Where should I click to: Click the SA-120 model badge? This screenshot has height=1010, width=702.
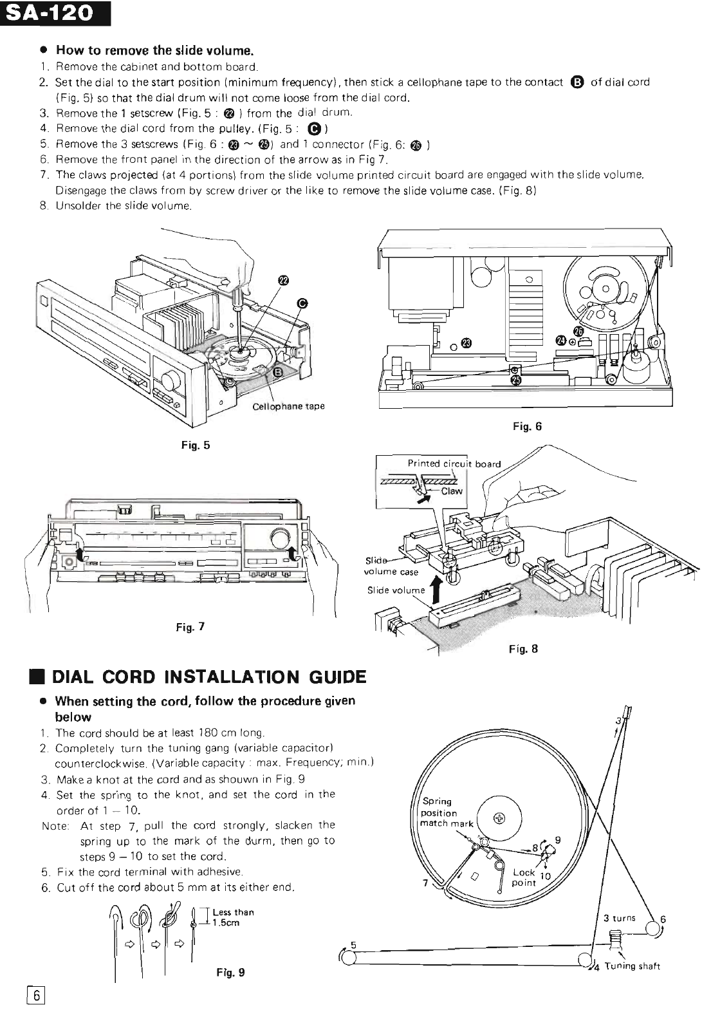pyautogui.click(x=55, y=13)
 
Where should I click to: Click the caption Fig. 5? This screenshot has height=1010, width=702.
pyautogui.click(x=198, y=445)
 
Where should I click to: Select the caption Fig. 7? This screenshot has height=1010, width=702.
pyautogui.click(x=190, y=626)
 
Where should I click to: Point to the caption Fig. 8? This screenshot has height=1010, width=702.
pyautogui.click(x=522, y=649)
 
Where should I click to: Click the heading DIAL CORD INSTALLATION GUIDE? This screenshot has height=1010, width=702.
pyautogui.click(x=208, y=677)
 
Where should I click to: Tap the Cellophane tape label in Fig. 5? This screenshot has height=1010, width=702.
pyautogui.click(x=288, y=406)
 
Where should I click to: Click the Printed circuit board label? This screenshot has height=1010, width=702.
pyautogui.click(x=454, y=463)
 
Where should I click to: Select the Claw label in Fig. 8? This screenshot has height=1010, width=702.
pyautogui.click(x=452, y=491)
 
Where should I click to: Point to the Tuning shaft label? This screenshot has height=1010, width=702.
pyautogui.click(x=632, y=966)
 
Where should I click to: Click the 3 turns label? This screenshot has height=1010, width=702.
pyautogui.click(x=619, y=918)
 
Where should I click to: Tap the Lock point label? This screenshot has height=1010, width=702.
pyautogui.click(x=524, y=877)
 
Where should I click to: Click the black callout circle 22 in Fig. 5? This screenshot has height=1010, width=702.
pyautogui.click(x=283, y=279)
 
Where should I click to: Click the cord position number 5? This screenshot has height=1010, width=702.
pyautogui.click(x=353, y=945)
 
